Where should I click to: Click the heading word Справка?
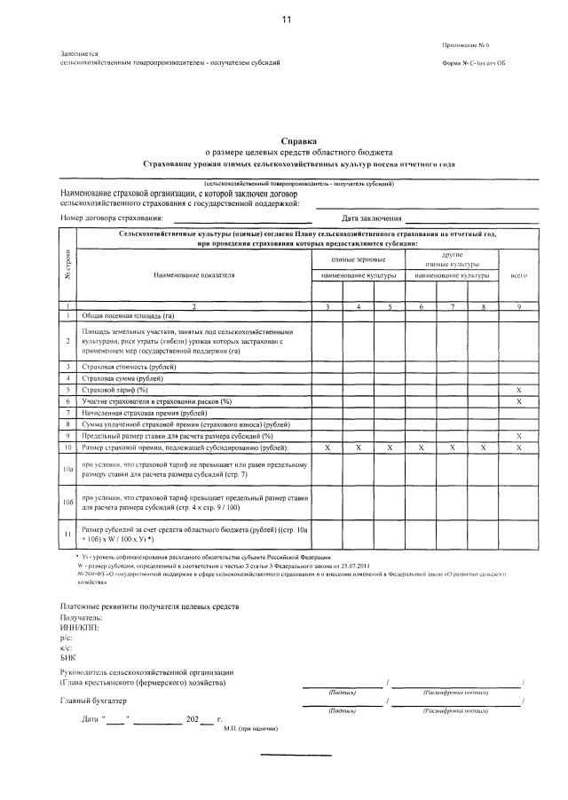click(298, 141)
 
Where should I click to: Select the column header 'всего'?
click(519, 275)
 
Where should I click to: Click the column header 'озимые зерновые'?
click(358, 258)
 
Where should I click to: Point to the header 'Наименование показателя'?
click(193, 275)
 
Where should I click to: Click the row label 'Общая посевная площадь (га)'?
click(128, 315)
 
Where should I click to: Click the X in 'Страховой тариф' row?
click(519, 390)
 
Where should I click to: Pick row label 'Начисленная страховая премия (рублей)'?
click(145, 413)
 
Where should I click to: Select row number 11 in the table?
click(67, 535)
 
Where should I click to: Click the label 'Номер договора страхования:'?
click(112, 218)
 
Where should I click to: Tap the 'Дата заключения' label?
click(372, 218)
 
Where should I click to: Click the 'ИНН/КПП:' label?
click(80, 627)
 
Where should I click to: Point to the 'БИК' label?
click(68, 657)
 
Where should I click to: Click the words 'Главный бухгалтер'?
click(93, 701)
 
